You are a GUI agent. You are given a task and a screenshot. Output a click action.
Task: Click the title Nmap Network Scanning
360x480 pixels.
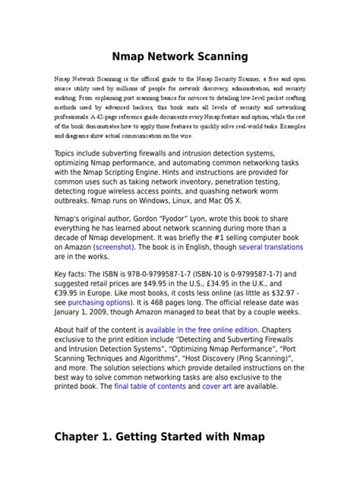pyautogui.click(x=179, y=56)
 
